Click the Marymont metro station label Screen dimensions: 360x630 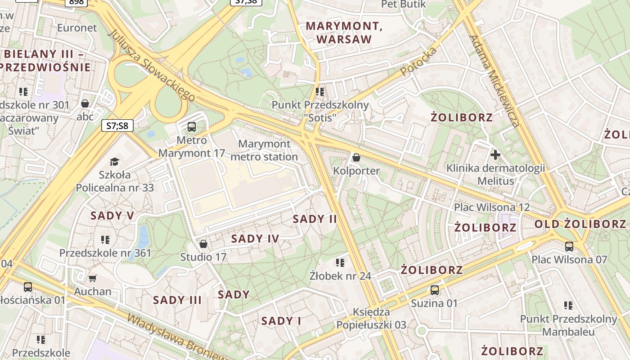pos(264,150)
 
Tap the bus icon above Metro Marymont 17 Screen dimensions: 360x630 pos(192,126)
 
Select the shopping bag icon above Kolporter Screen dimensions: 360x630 pos(356,157)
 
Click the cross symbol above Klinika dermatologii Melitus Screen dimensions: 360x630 pos(495,155)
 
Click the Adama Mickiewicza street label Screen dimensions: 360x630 pos(495,81)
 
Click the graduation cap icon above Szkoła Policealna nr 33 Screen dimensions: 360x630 pos(115,162)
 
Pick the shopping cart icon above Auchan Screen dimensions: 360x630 pos(93,278)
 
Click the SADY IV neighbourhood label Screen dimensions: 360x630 pos(255,239)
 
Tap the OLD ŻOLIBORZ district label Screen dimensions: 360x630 pos(580,224)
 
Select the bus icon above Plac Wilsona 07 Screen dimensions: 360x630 pos(569,246)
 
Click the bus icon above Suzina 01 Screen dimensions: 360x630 pos(434,290)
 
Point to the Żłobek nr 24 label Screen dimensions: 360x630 pos(340,275)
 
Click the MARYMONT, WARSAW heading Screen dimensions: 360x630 pos(344,32)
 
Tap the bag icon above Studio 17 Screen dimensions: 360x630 pos(203,244)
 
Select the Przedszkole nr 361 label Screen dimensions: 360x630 pos(105,253)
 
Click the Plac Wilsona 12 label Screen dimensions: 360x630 pos(492,207)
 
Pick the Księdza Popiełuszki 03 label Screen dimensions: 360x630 pos(371,318)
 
